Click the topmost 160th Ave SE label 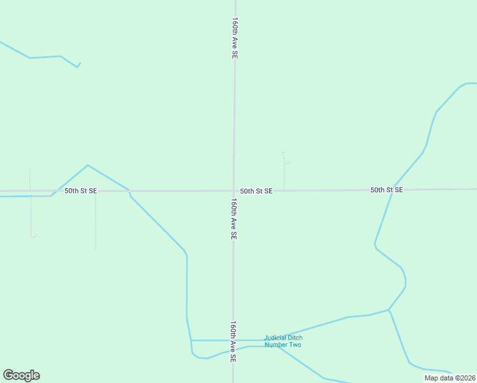[235, 38]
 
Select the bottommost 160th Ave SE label [233, 342]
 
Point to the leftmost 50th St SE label [80, 191]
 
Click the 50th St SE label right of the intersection [256, 191]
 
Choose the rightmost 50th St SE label [386, 190]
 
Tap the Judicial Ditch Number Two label [283, 342]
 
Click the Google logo [21, 375]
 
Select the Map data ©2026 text [450, 378]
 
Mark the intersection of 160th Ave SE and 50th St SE [234, 190]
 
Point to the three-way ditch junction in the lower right [388, 310]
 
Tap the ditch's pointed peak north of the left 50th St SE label [87, 165]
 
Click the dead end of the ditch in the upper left [80, 63]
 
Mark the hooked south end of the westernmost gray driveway [34, 236]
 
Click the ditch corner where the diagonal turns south [185, 252]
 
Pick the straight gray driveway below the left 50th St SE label [96, 220]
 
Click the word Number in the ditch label [277, 345]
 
